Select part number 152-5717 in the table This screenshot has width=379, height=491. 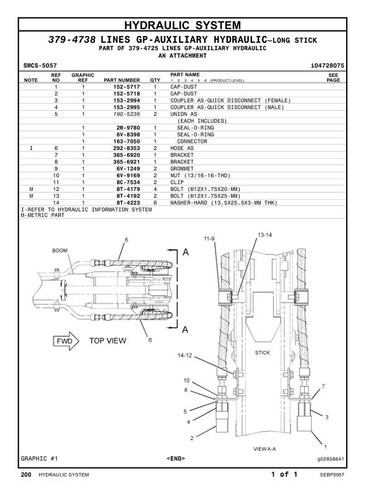pos(126,87)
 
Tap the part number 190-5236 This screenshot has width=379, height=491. pos(126,114)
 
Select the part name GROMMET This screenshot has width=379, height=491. pos(182,169)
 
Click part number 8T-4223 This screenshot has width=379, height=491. pos(126,203)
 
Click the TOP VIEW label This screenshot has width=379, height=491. pos(108,340)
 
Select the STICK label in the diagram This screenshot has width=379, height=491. pos(262,352)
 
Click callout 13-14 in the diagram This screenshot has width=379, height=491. pos(264,235)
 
